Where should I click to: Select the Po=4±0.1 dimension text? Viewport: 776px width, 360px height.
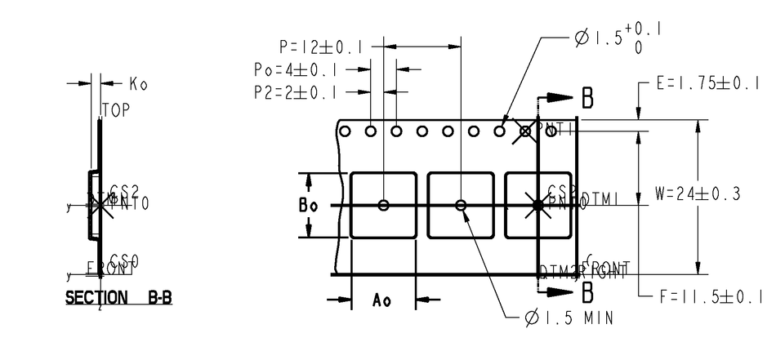point(295,70)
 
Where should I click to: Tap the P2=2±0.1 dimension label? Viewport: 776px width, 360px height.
point(295,92)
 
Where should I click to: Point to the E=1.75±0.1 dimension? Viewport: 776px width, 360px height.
point(709,83)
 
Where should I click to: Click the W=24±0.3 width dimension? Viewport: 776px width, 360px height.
point(698,194)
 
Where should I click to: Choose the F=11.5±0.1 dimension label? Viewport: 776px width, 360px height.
point(710,296)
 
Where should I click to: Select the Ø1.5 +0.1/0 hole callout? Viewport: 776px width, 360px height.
point(618,38)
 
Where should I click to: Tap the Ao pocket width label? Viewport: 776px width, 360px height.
point(381,300)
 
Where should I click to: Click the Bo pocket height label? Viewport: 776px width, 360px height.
point(308,206)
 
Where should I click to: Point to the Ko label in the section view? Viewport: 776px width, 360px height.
point(138,83)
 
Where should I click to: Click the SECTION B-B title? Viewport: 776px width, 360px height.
point(118,298)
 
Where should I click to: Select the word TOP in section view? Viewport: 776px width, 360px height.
point(116,110)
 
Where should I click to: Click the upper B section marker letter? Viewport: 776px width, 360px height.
point(587,98)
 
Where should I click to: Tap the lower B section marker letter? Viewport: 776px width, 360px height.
point(587,290)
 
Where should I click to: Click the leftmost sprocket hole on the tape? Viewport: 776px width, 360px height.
point(346,131)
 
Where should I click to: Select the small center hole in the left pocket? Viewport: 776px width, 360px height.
point(383,205)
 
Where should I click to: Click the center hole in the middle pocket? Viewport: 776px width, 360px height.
point(461,205)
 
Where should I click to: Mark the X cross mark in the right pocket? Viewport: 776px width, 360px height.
point(537,205)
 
